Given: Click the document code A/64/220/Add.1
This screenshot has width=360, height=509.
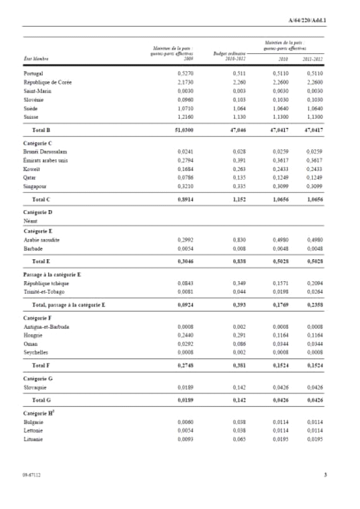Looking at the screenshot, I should pos(306,21).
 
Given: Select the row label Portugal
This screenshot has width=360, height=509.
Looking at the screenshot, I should pos(33,74).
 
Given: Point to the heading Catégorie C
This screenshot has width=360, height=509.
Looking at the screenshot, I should pos(38,144).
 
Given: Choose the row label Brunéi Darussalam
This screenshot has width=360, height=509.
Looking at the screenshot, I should pos(46,152).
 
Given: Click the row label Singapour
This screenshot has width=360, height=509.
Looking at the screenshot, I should pos(35,187).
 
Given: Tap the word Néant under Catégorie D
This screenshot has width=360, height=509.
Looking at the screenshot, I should pos(30,221).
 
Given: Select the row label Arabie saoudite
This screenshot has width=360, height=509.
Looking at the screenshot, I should pos(42,240).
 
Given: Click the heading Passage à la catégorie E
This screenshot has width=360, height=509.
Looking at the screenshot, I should pos(52,275).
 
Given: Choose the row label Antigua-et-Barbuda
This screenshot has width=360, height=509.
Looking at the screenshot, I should pos(47,327).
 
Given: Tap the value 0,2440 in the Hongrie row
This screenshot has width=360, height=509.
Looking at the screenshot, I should pos(186,335).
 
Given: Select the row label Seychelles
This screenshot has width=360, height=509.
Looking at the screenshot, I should pos(35,353).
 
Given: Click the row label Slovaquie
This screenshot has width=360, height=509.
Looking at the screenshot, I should pos(35,388).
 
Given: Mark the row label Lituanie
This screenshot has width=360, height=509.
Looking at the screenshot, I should pos(33,439).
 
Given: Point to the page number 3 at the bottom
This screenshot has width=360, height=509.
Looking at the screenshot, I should pos(325,476).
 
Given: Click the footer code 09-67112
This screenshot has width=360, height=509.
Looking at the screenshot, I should pos(31,476).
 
